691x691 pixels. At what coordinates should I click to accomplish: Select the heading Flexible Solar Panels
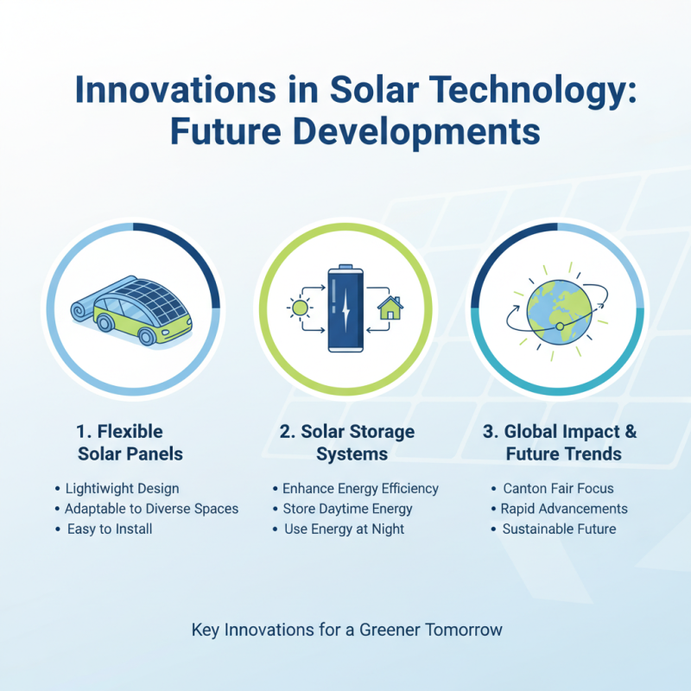click(x=130, y=442)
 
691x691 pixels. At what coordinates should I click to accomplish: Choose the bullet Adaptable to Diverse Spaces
click(x=152, y=509)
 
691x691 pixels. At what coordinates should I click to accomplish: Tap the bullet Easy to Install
click(x=110, y=529)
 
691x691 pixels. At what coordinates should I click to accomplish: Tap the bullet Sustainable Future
click(x=560, y=529)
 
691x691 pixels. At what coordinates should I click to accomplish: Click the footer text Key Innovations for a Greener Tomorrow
click(x=346, y=630)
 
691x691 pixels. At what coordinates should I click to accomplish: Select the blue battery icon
click(x=345, y=308)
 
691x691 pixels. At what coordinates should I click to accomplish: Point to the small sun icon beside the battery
click(x=300, y=307)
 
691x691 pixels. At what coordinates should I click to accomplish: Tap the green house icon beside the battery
click(x=390, y=307)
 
